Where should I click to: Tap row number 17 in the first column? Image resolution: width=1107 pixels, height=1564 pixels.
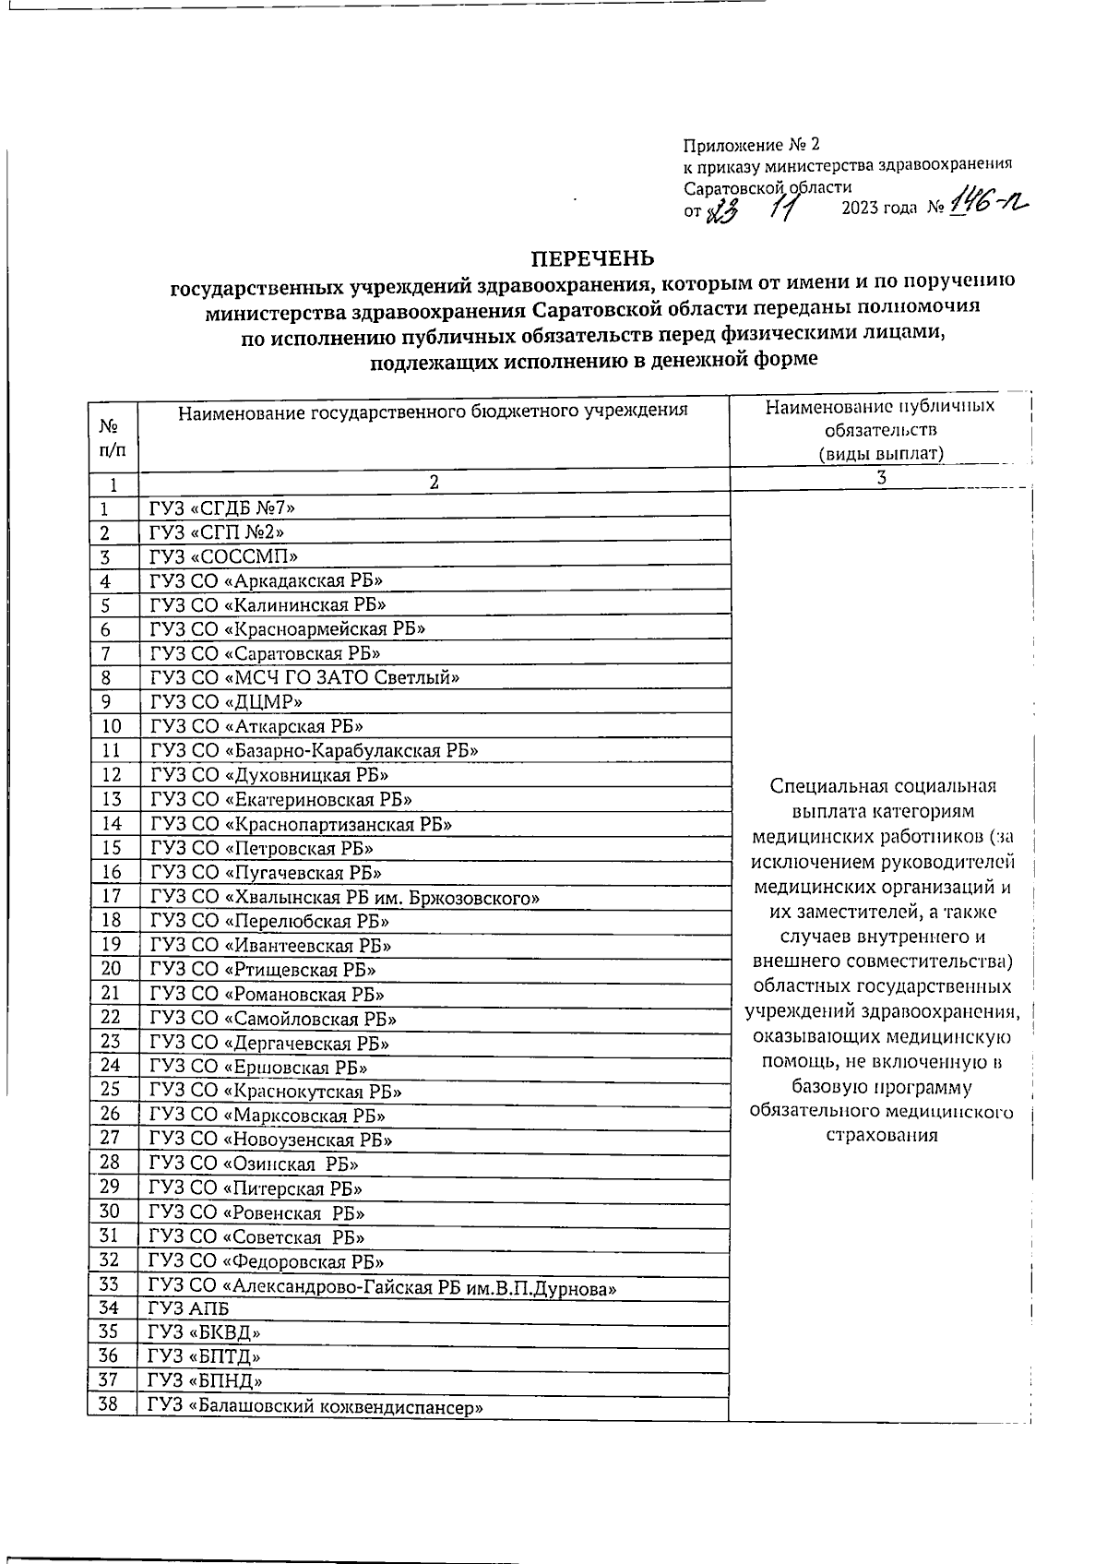click(x=112, y=896)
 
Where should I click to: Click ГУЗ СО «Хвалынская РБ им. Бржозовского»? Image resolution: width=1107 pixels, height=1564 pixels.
click(x=345, y=897)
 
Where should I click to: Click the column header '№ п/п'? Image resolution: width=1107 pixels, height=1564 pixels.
click(x=112, y=438)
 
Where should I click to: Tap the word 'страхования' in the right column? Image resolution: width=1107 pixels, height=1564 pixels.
click(x=881, y=1135)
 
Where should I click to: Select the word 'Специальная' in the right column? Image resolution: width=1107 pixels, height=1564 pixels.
click(x=823, y=786)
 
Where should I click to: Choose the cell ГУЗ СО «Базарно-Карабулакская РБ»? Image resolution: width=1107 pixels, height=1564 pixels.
click(x=314, y=750)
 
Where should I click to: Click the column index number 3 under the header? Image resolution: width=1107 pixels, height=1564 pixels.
click(x=881, y=478)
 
